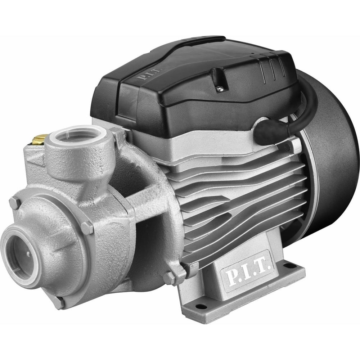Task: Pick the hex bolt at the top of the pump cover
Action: [15, 203]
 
